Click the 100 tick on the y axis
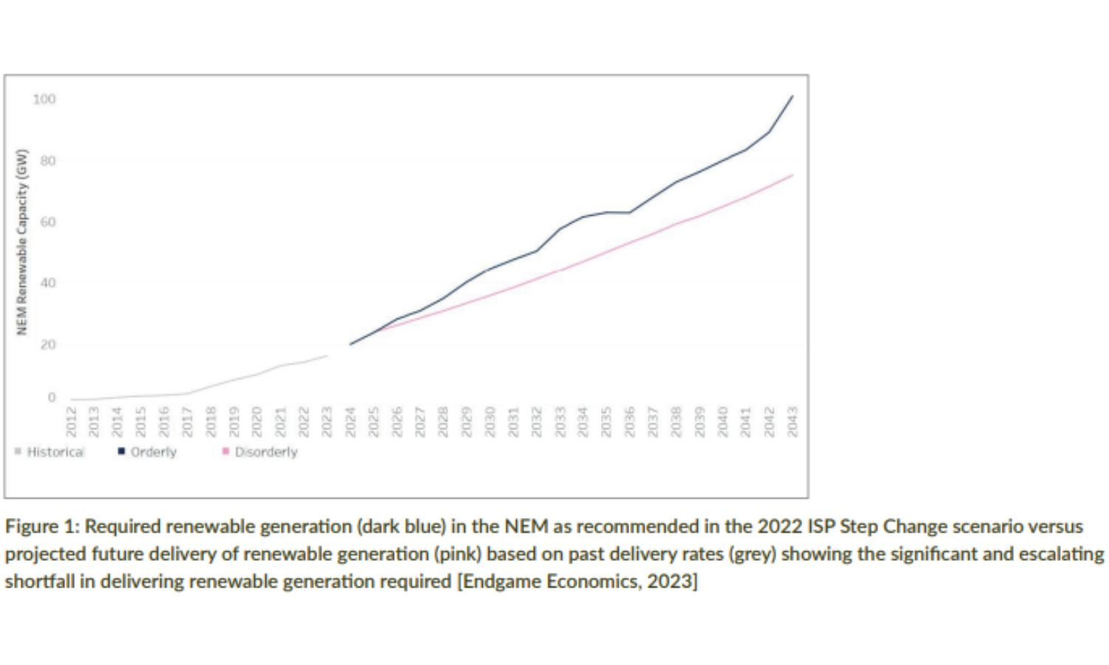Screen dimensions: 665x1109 click(44, 99)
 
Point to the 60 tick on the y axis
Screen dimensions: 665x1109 click(47, 222)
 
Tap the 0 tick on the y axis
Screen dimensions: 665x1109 click(52, 398)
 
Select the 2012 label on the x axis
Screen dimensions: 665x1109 click(71, 421)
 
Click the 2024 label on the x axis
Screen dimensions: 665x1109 click(350, 421)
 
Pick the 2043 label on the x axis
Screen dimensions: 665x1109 click(793, 421)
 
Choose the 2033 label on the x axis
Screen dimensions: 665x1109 click(560, 421)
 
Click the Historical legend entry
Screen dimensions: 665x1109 click(55, 451)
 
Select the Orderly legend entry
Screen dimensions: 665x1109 click(153, 451)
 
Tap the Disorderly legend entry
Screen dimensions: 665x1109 click(265, 451)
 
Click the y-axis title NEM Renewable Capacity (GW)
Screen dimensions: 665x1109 click(22, 242)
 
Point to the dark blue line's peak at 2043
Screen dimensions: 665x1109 click(793, 96)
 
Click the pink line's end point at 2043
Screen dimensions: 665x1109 click(793, 175)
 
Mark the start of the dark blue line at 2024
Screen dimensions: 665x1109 click(350, 344)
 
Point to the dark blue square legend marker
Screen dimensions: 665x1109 click(121, 451)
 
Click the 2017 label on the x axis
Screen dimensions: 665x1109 click(187, 421)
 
